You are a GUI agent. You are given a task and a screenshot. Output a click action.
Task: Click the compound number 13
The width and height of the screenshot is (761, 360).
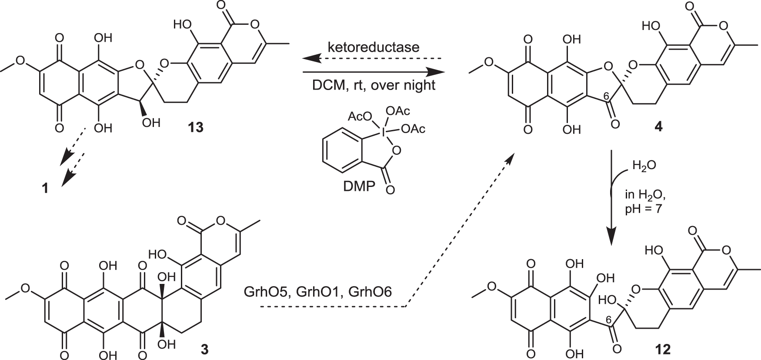point(195,128)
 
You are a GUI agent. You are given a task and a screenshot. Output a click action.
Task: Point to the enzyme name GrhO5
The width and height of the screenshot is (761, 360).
point(266,291)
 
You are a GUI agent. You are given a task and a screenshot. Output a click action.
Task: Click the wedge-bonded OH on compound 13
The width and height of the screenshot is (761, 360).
point(150,123)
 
